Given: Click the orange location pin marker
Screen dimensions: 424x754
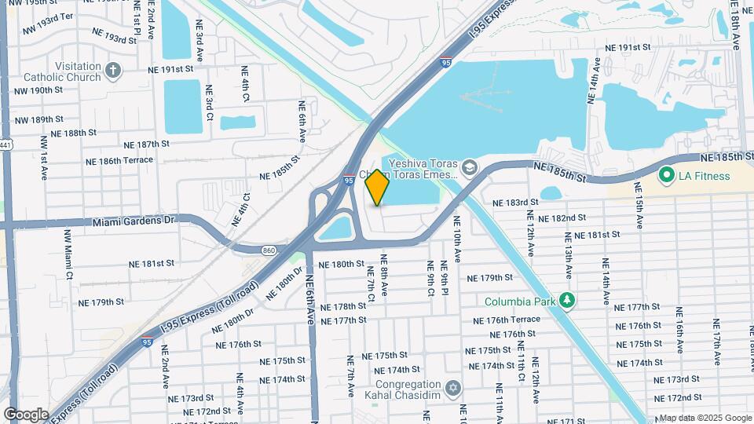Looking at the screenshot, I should (x=377, y=188).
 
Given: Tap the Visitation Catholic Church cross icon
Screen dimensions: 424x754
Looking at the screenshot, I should (x=113, y=71).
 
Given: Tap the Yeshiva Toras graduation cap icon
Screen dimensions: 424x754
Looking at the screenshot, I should (x=469, y=166).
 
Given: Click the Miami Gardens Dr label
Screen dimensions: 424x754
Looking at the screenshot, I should (x=133, y=221).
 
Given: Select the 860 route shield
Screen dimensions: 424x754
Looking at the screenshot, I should (x=269, y=250).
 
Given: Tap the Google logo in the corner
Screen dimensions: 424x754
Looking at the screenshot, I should (x=26, y=414).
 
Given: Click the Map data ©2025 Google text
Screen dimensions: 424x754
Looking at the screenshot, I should (x=705, y=418).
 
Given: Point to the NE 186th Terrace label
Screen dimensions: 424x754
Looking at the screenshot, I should (x=119, y=160).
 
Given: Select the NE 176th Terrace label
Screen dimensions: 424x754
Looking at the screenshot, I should (x=507, y=320).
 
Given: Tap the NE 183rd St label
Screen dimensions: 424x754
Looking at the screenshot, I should (x=515, y=202).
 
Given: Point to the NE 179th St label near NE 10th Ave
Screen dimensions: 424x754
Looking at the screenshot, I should (x=489, y=278).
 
